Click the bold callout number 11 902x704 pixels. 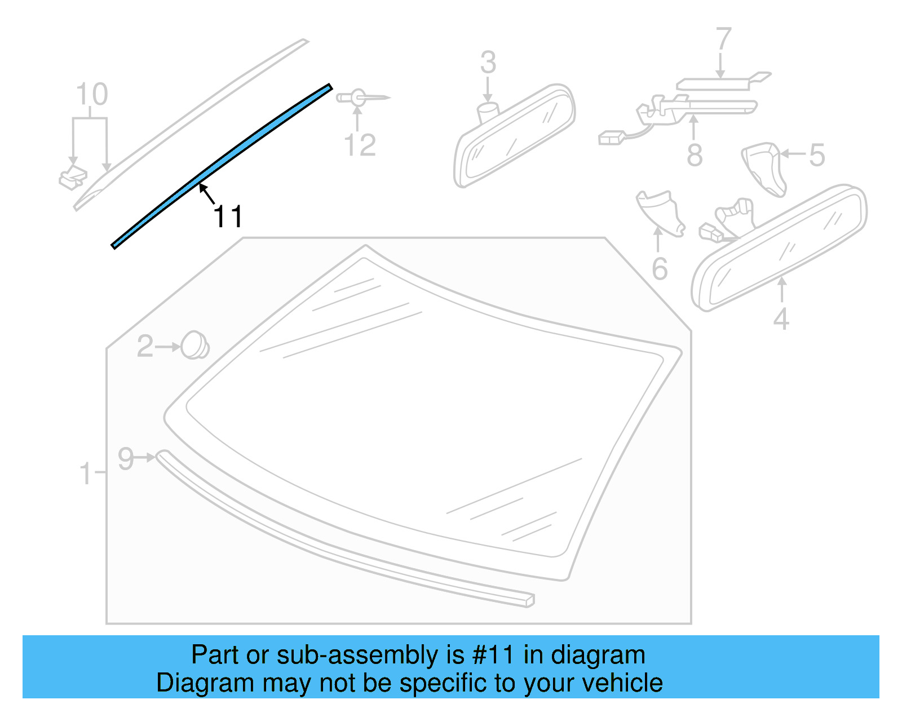pos(228,216)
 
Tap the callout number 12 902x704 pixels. pos(360,145)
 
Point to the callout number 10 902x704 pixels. pos(91,94)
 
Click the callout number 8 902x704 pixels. pos(695,155)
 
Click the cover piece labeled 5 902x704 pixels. pos(764,168)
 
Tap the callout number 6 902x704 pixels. pos(660,269)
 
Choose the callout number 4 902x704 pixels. pos(781,319)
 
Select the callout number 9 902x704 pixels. pos(125,458)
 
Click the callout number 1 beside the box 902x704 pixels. pos(86,473)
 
